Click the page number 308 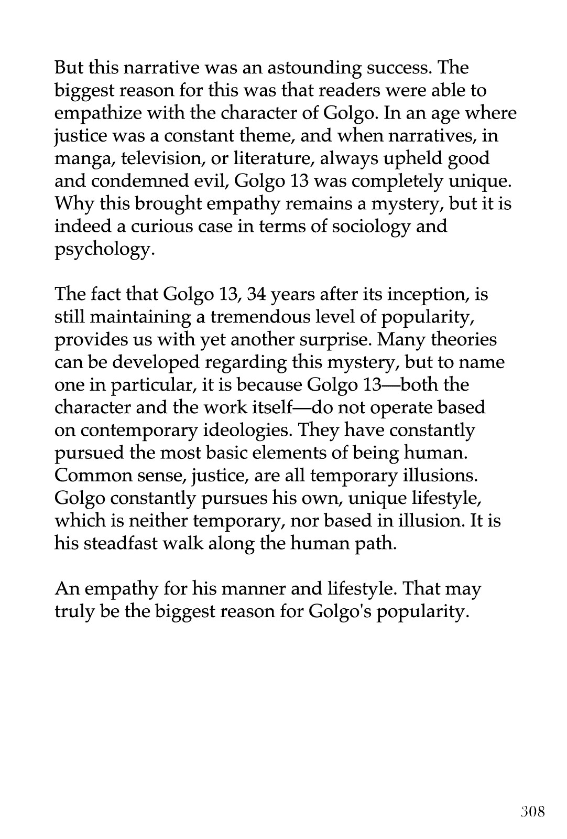tap(533, 812)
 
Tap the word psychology tap(104, 250)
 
